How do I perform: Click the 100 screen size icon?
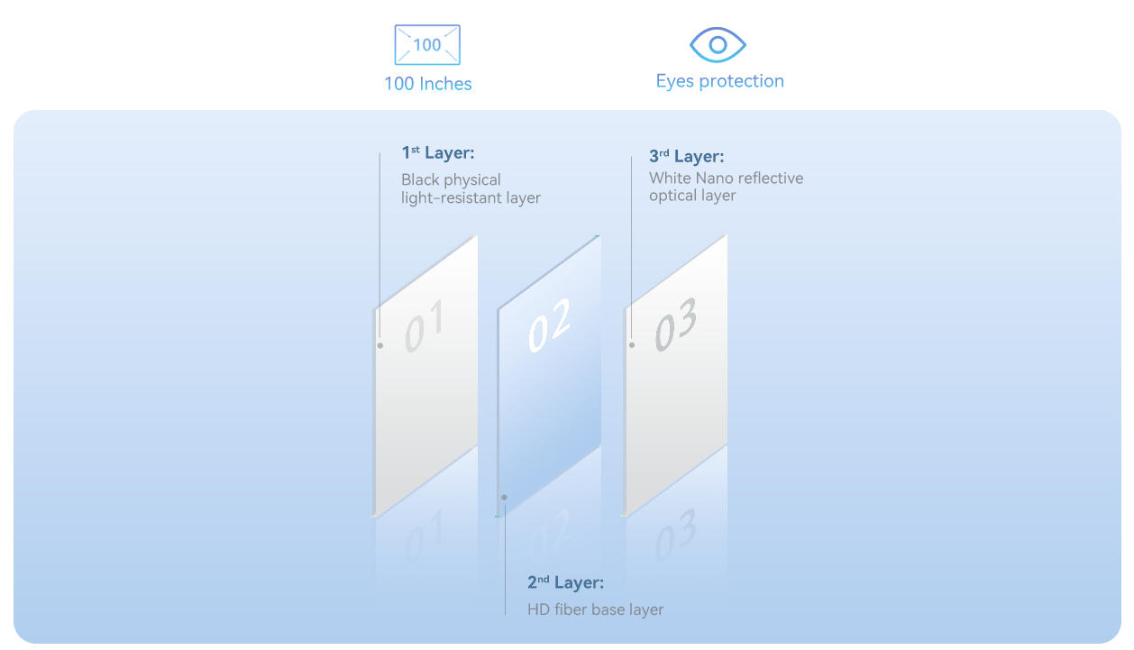[x=427, y=44]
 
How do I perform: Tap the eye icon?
[x=718, y=44]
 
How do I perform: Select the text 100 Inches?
[x=428, y=84]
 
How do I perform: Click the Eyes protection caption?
[x=720, y=81]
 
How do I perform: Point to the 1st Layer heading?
[x=438, y=152]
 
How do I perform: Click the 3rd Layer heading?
[x=687, y=156]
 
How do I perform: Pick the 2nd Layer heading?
[x=565, y=582]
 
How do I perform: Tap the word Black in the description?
[x=420, y=179]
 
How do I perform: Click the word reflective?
[x=773, y=179]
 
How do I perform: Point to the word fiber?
[x=571, y=609]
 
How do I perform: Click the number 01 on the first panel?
[x=425, y=325]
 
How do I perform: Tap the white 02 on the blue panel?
[x=549, y=325]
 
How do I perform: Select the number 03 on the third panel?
[x=675, y=324]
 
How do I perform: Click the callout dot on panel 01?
[x=380, y=346]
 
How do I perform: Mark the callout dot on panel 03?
[x=632, y=345]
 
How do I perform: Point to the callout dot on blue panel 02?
[x=504, y=498]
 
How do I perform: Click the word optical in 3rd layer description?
[x=672, y=196]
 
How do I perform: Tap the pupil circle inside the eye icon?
[x=718, y=45]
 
